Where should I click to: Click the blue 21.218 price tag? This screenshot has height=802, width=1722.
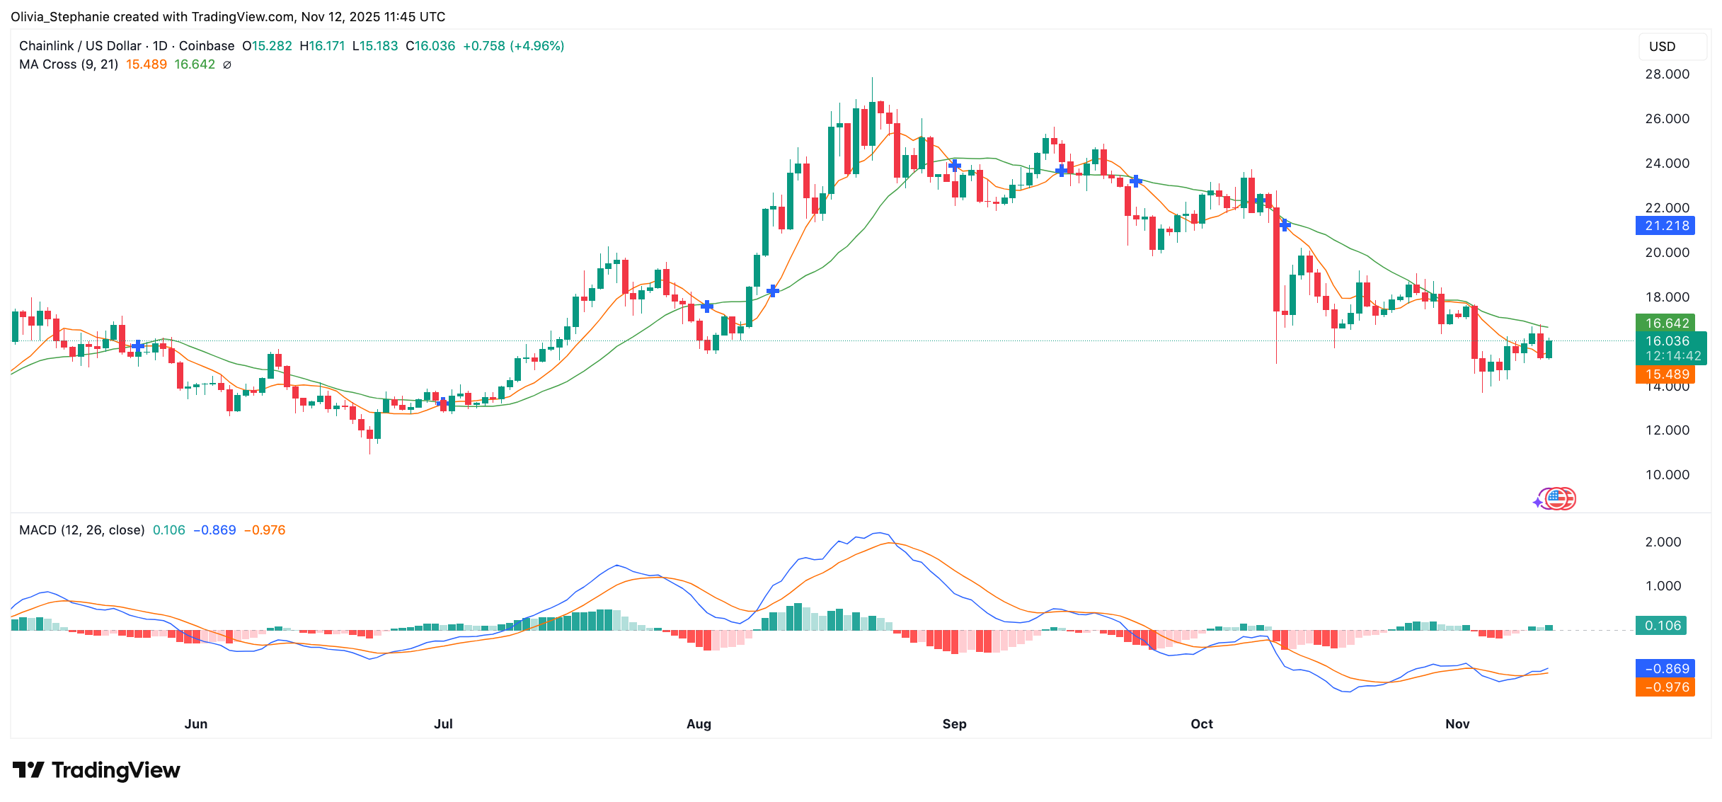1665,226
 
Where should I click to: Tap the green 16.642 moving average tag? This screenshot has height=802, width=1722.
1665,323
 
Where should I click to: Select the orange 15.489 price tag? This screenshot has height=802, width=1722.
1665,374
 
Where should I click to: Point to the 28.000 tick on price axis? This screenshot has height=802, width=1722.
1667,74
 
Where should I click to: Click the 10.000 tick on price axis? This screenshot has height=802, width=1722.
1667,475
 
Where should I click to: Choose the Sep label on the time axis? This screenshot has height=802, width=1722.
954,723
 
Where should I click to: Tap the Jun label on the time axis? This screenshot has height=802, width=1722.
196,723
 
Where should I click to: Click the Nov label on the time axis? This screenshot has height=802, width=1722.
1457,723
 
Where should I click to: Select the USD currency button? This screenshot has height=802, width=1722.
1663,47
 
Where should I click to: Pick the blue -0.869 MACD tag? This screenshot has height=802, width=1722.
1665,669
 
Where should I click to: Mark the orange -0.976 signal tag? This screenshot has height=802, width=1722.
1665,687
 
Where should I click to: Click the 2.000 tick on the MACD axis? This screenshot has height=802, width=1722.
1663,542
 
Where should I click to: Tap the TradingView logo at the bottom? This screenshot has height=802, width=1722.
97,770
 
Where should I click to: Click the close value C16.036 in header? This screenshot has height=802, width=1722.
430,46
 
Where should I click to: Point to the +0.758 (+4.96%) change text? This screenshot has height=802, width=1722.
513,46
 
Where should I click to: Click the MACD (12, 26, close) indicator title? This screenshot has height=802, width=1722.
81,530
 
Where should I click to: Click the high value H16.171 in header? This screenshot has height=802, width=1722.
322,46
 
